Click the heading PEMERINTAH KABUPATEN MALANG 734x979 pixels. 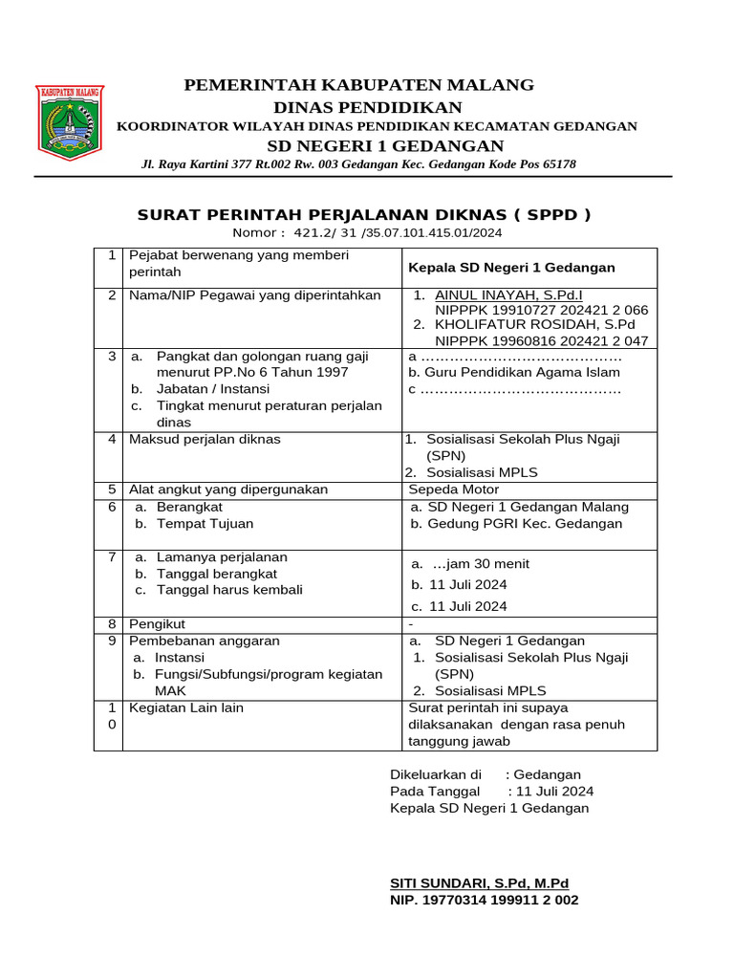coord(358,85)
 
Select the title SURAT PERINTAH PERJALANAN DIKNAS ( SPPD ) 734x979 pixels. coord(364,214)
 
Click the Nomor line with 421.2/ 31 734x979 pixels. coord(367,232)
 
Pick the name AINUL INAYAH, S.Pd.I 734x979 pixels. coord(508,295)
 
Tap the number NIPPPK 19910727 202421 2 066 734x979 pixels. coord(541,311)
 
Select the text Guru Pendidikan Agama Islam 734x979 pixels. coord(522,373)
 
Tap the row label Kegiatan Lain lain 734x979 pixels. coord(186,707)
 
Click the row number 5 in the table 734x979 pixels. coord(112,489)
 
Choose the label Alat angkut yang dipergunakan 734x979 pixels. coord(228,489)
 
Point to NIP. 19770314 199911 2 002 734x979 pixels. coord(484,900)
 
